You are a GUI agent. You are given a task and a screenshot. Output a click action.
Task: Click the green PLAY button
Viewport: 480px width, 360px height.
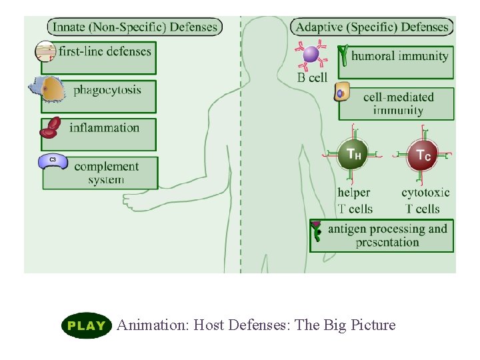coord(86,325)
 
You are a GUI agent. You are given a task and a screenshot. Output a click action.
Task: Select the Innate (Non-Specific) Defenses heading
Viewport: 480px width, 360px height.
coord(135,27)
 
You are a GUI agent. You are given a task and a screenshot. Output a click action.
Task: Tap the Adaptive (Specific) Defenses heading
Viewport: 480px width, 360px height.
coord(372,27)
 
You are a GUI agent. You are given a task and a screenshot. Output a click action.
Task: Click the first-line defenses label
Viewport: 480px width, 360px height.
coord(105,51)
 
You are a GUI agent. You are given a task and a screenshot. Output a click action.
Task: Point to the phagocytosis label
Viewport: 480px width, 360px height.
coord(107,89)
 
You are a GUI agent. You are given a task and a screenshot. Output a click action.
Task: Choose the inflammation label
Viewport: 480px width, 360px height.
coord(104,127)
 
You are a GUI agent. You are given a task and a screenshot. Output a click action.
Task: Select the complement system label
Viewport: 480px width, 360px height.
coord(107,173)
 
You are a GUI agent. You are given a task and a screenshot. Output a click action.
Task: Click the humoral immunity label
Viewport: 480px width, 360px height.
coord(399,56)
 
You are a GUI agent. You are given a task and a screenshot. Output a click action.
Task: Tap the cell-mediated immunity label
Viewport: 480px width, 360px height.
coord(398,103)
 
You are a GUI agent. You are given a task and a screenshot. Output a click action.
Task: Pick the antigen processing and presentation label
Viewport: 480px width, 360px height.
coord(387,235)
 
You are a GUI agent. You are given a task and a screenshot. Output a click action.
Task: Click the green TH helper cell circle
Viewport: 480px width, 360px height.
coord(353,155)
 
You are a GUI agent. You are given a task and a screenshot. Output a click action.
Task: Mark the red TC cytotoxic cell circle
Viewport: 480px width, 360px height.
coord(423,155)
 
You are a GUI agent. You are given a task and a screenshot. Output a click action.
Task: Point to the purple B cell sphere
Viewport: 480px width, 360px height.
coord(311,54)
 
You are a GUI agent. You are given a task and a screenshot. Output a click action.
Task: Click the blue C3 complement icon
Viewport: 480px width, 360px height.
coord(53,161)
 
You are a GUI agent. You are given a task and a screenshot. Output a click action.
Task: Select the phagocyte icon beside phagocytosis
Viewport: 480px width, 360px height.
coord(49,89)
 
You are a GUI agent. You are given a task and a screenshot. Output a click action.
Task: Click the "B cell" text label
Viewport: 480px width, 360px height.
coord(312,77)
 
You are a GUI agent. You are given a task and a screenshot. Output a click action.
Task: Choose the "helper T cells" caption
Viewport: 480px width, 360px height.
coord(355,201)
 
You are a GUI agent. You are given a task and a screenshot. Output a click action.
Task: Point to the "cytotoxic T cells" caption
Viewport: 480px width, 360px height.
coord(425,201)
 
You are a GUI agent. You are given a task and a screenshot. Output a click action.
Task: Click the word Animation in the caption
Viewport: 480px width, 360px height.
coord(152,325)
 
